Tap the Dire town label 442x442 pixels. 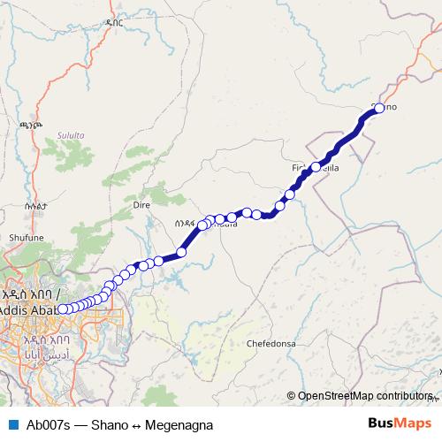click(x=141, y=203)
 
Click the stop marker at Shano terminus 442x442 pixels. click(x=378, y=108)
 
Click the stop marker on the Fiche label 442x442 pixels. click(x=316, y=166)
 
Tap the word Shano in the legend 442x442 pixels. click(x=110, y=424)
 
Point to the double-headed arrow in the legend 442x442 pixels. click(x=137, y=424)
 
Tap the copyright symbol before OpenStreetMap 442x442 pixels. click(x=291, y=396)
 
